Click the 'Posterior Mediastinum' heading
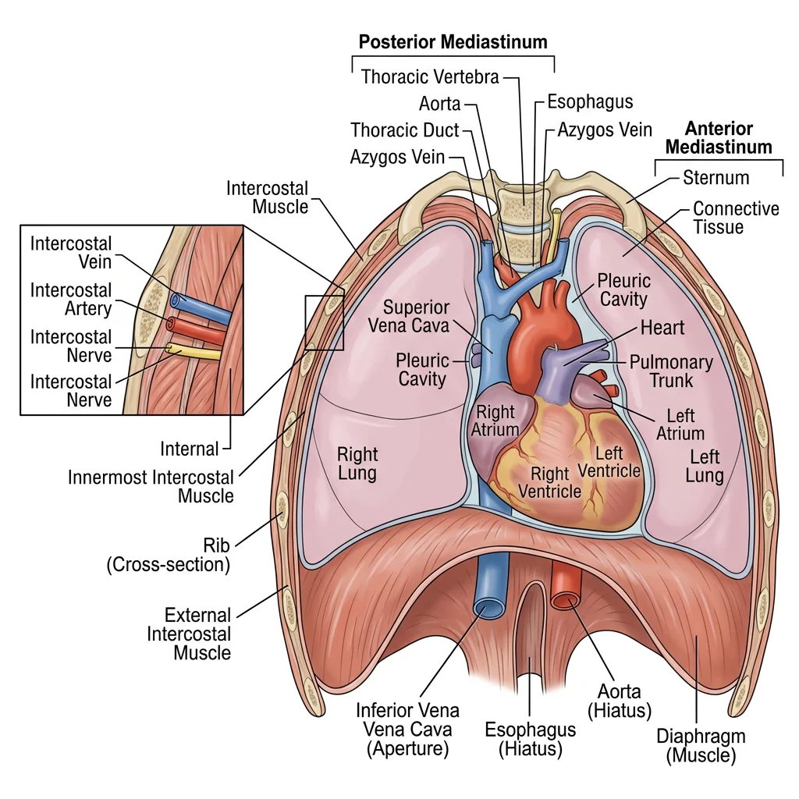tap(453, 41)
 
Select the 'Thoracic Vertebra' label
tap(430, 77)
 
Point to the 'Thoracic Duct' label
tap(405, 130)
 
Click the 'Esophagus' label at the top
tap(590, 101)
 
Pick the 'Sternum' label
tap(716, 178)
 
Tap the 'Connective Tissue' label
tap(735, 218)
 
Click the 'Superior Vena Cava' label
tap(416, 316)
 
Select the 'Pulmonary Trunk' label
tap(671, 371)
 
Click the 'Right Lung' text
tap(357, 463)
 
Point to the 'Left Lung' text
tap(705, 466)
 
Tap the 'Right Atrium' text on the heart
tap(496, 420)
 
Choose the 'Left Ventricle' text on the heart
tap(609, 462)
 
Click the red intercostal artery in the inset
tap(200, 330)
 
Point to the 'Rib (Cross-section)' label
tap(168, 555)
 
